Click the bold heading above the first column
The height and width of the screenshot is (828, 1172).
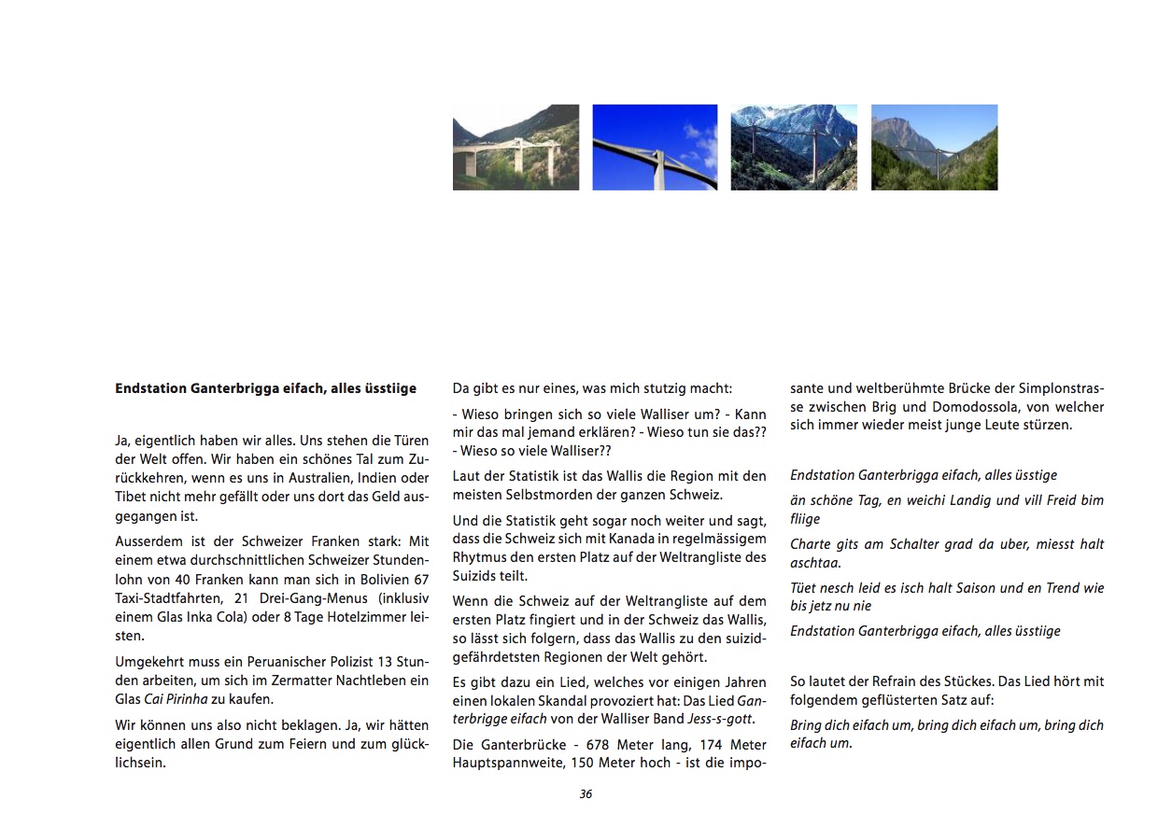[265, 388]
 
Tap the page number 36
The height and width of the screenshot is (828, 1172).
[586, 794]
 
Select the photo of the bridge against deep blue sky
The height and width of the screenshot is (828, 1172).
[655, 147]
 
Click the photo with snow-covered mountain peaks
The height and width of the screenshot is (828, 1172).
[794, 147]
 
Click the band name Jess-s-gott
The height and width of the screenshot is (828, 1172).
[720, 719]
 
